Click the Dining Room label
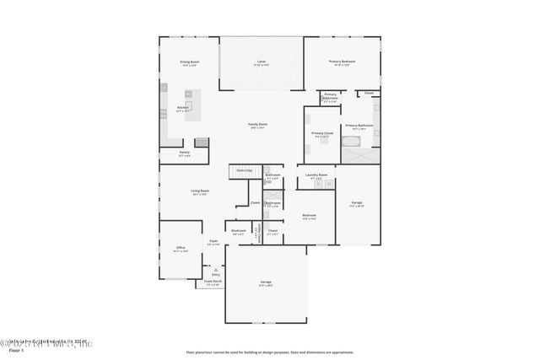point(189,62)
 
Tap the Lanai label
point(262,62)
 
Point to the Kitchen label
point(183,108)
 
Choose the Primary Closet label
point(321,134)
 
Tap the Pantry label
point(184,153)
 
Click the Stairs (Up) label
point(244,170)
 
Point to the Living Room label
point(199,191)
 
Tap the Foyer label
point(213,242)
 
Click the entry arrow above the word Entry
point(215,269)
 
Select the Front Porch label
point(213,282)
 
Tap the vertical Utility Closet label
point(257,234)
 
